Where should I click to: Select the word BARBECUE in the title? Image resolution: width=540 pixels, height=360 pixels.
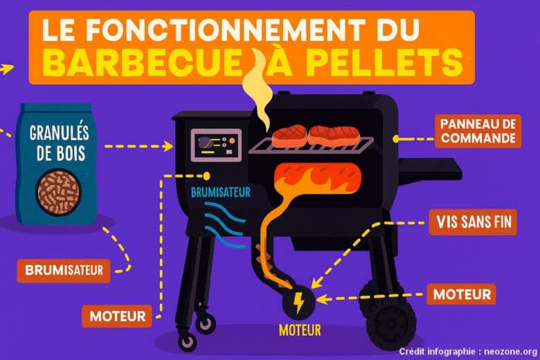(141, 63)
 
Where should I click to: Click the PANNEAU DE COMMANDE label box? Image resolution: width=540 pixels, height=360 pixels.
(478, 132)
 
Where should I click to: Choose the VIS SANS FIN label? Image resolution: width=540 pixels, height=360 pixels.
(473, 222)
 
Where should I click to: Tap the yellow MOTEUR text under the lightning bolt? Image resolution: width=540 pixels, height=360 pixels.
(300, 330)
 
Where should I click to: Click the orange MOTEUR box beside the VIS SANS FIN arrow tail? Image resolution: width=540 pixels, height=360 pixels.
(462, 294)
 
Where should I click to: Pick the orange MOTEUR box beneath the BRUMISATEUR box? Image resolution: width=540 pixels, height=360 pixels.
(117, 316)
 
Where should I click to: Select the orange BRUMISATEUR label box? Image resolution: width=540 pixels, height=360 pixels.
(64, 271)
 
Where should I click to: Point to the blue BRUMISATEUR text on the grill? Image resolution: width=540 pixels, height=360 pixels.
(221, 192)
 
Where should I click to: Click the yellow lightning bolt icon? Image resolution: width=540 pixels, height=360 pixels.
(298, 303)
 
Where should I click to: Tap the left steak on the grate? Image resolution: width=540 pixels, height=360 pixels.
(289, 135)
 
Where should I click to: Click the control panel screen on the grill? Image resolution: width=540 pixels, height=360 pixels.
(216, 145)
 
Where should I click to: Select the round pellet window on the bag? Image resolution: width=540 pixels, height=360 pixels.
(58, 192)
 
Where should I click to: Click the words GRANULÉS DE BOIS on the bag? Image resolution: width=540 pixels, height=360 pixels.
(60, 143)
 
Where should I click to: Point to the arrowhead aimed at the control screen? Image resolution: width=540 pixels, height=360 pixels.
(168, 146)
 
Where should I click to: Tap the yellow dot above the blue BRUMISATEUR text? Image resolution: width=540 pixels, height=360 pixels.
(206, 176)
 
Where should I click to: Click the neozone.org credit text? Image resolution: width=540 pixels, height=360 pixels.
(468, 352)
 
